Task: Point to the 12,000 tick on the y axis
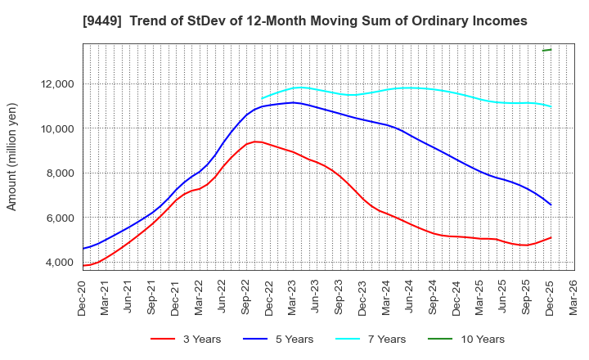tap(55, 83)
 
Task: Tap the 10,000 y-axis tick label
tap(55, 128)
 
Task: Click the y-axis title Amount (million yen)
tap(12, 157)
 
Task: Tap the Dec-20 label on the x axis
tap(83, 295)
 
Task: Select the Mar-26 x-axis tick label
tap(574, 295)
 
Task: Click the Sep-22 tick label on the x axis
tap(247, 295)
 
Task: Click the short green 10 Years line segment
tap(546, 50)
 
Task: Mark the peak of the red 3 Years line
tap(256, 142)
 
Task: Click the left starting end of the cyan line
tap(262, 98)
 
